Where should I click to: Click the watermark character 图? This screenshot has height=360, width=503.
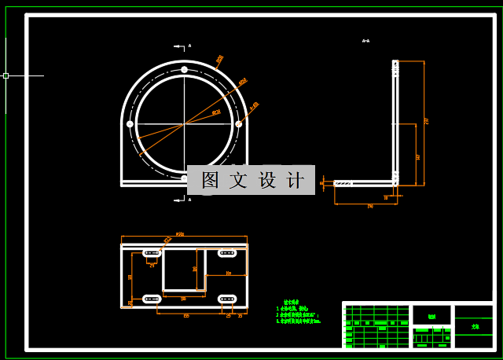(210, 180)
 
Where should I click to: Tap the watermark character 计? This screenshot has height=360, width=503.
(296, 180)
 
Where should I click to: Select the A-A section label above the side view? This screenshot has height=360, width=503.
(365, 41)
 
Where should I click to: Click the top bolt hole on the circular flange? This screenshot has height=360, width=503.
(184, 71)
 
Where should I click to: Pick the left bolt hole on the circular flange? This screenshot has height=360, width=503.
(130, 123)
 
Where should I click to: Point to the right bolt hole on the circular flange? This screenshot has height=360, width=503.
(238, 123)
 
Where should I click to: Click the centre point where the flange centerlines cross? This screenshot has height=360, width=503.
(184, 123)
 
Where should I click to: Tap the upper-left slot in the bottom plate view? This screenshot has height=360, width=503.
(151, 253)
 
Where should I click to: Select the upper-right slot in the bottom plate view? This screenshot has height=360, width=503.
(228, 253)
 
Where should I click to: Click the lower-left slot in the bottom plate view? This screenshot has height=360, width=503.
(151, 299)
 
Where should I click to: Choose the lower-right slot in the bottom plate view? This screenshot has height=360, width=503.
(228, 299)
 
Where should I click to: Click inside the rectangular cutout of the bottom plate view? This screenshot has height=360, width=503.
(183, 270)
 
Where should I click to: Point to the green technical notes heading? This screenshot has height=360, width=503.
(291, 302)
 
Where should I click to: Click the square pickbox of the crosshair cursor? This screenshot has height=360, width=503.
(6, 76)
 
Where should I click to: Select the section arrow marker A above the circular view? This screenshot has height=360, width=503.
(189, 46)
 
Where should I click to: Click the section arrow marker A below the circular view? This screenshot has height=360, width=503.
(189, 200)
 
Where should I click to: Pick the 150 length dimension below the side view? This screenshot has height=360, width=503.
(369, 206)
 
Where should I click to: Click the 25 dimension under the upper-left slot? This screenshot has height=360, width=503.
(152, 265)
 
